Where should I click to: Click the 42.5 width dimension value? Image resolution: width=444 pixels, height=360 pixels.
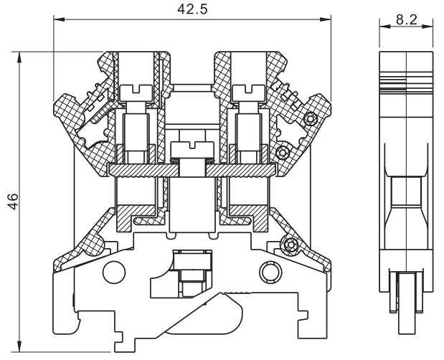192,9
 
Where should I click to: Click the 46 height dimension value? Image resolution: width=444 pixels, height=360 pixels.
13,202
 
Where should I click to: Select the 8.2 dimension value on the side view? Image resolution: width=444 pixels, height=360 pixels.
407,20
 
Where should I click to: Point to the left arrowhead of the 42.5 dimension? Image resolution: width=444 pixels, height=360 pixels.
60,19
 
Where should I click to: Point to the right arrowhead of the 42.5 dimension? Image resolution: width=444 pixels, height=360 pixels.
326,19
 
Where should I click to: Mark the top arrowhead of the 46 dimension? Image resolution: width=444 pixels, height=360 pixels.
19,57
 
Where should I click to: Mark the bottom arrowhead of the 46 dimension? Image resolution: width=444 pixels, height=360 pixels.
19,346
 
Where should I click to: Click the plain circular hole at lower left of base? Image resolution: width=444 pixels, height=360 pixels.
114,272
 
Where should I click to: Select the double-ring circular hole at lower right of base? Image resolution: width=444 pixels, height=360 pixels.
270,272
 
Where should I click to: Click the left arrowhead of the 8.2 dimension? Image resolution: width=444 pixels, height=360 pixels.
385,27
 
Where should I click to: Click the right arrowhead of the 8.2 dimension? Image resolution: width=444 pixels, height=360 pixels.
428,27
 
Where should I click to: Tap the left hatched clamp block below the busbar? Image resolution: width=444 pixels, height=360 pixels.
136,217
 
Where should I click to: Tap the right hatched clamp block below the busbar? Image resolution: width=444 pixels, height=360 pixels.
248,217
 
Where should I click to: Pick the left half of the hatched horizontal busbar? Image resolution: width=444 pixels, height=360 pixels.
143,170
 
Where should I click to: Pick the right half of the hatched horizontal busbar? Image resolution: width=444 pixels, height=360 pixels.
241,170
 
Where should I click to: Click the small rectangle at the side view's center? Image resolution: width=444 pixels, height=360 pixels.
406,191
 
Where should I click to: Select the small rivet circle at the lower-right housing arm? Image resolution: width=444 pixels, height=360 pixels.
290,244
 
